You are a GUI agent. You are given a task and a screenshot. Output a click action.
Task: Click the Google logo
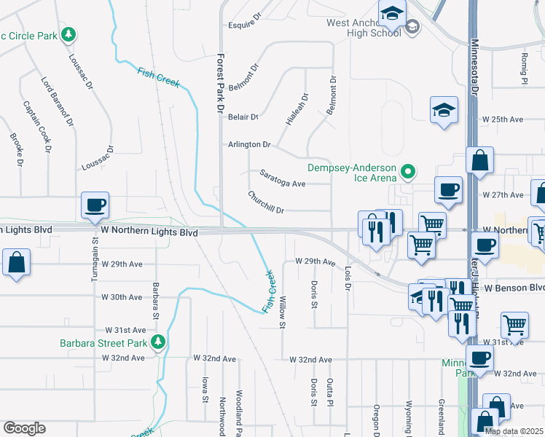pos(24,428)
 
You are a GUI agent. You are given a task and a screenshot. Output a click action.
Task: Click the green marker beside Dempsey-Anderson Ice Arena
pos(409,173)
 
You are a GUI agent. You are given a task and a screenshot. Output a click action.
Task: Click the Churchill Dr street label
pos(265,202)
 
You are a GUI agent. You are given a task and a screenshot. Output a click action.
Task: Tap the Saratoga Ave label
pos(282,179)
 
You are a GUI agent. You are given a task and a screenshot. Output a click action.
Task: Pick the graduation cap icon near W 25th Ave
pos(444,110)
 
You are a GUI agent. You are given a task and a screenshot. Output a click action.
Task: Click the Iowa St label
pos(205,389)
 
